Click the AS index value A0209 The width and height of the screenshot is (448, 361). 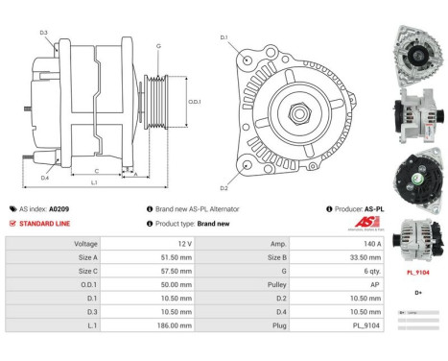(x=59, y=208)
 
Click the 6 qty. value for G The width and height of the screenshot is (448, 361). (x=365, y=272)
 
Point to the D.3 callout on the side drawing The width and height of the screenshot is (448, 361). (x=44, y=33)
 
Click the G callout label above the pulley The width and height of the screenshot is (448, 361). (x=157, y=46)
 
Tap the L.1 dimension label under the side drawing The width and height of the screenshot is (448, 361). (x=93, y=181)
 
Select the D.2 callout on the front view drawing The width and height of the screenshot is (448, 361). (x=224, y=187)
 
